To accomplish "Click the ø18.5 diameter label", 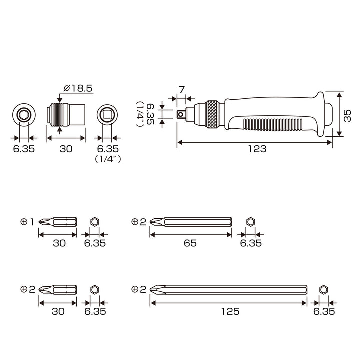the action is tap(78, 88).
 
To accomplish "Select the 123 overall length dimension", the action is tap(257, 149).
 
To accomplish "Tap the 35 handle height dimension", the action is tap(347, 116).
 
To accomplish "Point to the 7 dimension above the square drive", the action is tap(182, 90).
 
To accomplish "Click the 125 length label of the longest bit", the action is tap(230, 311).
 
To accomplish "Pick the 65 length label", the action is tap(190, 243).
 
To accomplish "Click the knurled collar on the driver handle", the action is tap(214, 114).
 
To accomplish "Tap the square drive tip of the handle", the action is tap(181, 114).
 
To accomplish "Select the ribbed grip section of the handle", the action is tap(273, 125).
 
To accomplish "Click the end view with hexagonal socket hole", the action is tap(24, 114).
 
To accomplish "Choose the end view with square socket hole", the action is tap(107, 114).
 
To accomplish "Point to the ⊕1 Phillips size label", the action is tap(27, 222).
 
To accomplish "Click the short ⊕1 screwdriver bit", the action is tap(58, 222).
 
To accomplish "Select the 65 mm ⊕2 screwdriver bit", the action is tap(191, 222).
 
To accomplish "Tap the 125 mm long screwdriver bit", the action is tap(228, 289).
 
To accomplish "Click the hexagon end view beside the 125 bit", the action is tap(323, 290).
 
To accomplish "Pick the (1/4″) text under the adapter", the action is tap(108, 159).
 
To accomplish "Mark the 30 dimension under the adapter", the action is tap(66, 149).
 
